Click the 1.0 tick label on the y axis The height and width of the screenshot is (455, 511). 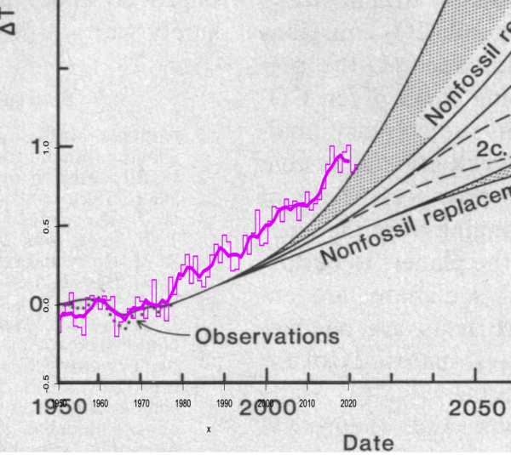pos(38,147)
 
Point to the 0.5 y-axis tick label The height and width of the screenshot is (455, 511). pos(38,225)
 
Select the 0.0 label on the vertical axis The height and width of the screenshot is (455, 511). pos(38,304)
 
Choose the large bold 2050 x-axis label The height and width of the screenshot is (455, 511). pos(478,410)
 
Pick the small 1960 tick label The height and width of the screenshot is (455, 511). pos(99,402)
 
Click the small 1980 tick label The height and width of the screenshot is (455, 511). pos(182,402)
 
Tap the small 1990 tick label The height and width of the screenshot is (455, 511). pos(224,402)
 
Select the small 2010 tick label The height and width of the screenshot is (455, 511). pos(307,402)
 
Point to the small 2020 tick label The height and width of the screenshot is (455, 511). pos(348,402)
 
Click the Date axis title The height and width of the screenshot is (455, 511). pos(369,443)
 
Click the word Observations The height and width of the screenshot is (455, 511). pos(267,336)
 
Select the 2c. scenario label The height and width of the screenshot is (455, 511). pos(492,150)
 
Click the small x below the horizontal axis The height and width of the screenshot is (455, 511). pos(209,429)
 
